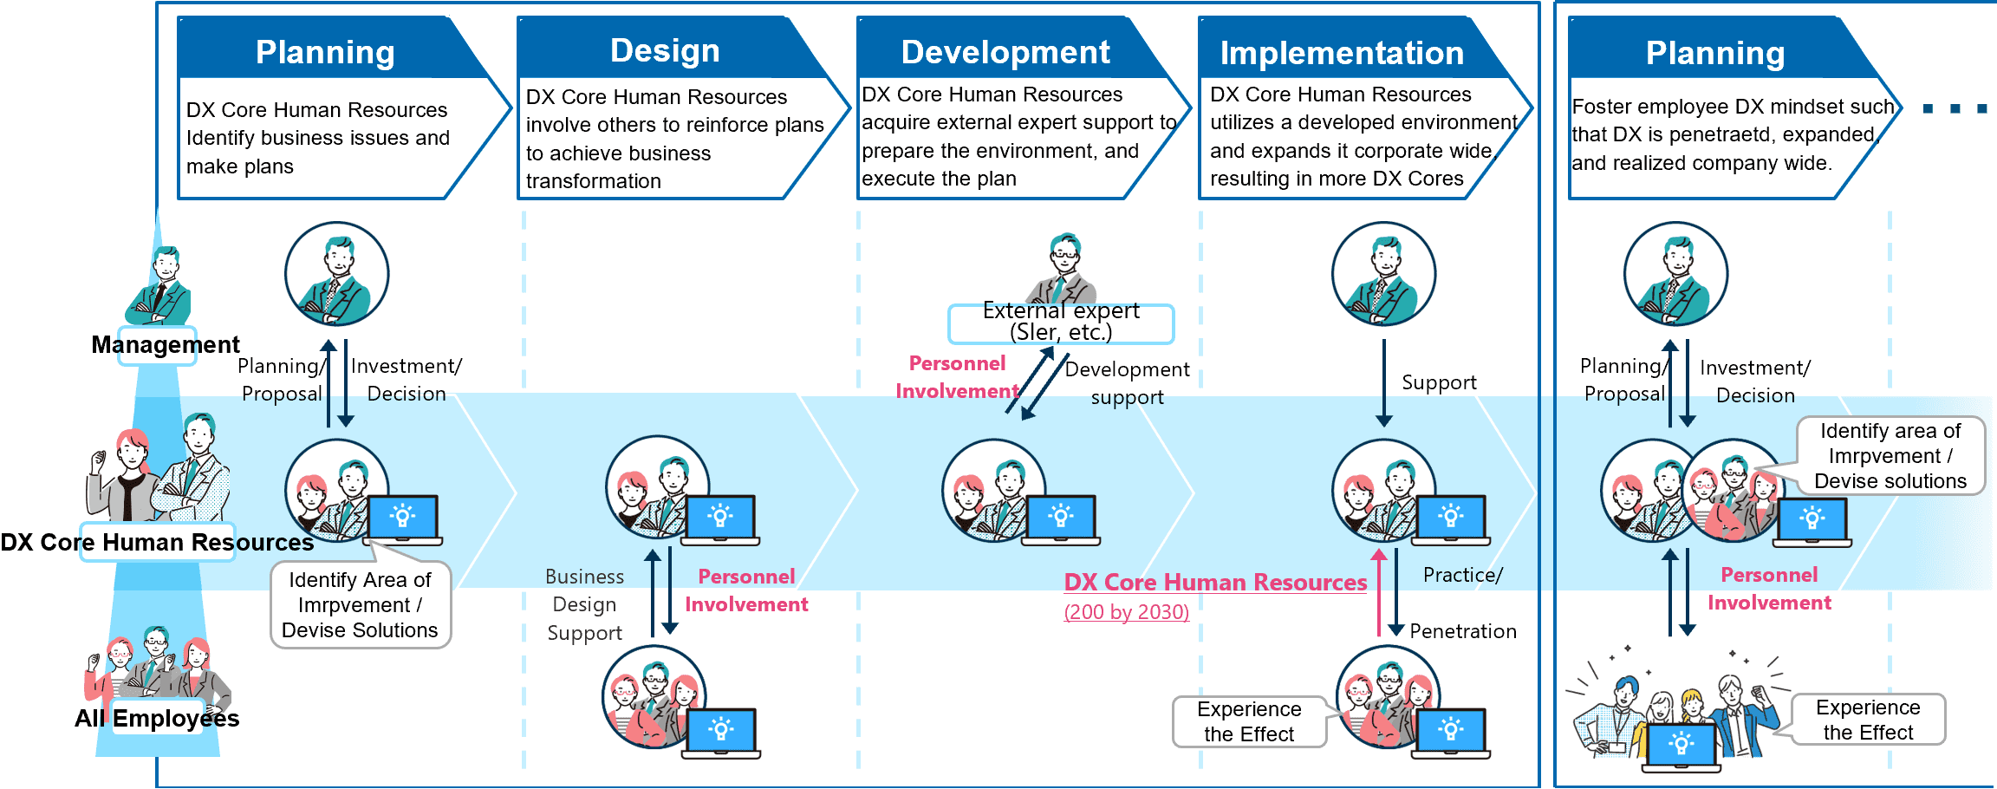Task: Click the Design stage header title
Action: [665, 50]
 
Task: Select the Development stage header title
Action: [1005, 52]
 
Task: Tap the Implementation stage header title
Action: [1342, 53]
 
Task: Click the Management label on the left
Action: [166, 345]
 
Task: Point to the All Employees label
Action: [157, 718]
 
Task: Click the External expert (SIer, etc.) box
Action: [1061, 323]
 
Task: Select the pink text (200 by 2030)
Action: [1126, 612]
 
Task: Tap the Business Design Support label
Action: [585, 605]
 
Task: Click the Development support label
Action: [1127, 383]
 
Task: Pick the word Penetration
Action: [1463, 631]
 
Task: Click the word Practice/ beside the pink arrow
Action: [1463, 575]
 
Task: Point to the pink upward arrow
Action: [1379, 592]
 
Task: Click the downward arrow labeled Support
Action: [1383, 383]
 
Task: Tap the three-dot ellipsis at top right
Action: [1955, 108]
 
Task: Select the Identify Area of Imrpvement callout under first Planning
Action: [361, 604]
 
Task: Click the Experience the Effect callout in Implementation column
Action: [1249, 721]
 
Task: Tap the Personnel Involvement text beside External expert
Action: [957, 377]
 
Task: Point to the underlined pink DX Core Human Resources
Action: [1215, 583]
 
